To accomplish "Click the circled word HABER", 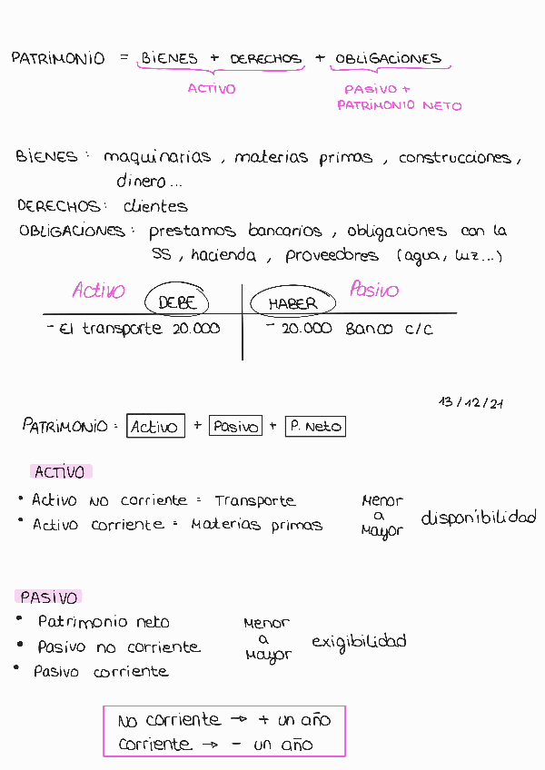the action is tap(292, 303).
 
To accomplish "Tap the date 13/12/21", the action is tap(471, 401).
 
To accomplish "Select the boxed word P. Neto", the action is tap(315, 426).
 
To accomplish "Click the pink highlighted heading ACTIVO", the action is tap(60, 472).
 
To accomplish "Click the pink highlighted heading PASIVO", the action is tap(49, 597).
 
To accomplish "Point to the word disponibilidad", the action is tap(478, 518).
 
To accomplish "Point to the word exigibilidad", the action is tap(359, 642).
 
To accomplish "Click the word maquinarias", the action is tap(157, 157).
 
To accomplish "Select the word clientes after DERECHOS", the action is tap(155, 206).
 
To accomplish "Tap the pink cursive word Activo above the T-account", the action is tap(99, 291).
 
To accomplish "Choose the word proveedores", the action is tap(332, 256).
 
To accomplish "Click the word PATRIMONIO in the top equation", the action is tap(58, 58).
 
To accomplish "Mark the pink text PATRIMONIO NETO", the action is tap(400, 105).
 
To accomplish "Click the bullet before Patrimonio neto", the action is tap(20, 619).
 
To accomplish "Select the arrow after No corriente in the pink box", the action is tap(239, 719).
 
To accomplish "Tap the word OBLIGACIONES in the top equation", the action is tap(388, 59).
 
